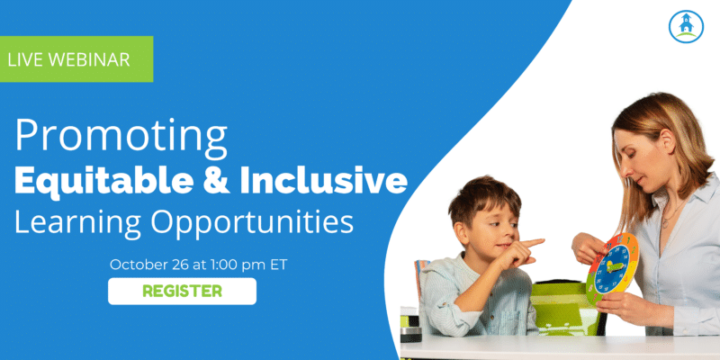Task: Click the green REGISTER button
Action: [x=182, y=291]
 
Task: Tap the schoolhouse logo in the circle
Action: [x=686, y=27]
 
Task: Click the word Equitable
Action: [x=103, y=182]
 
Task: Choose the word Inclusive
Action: [x=324, y=182]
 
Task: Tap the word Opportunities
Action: [x=253, y=221]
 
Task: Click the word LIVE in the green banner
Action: [x=25, y=59]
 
